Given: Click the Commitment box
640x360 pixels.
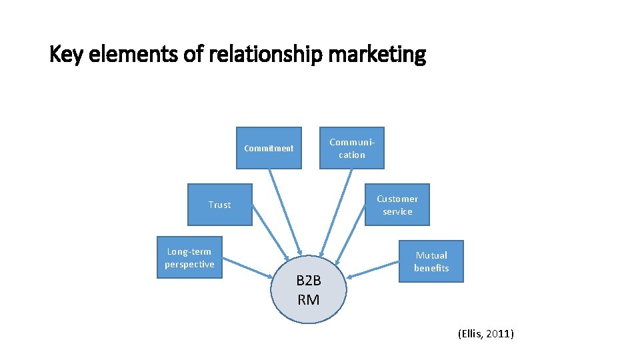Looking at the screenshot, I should pos(269,148).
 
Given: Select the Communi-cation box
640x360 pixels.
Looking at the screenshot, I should pos(351,148).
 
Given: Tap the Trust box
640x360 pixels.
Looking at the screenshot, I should pos(219,205).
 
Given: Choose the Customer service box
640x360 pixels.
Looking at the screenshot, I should pos(397,205).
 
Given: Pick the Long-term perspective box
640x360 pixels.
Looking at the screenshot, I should pos(189,257).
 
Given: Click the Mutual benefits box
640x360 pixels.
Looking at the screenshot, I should pos(431,261).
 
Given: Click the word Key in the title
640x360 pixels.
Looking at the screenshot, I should pos(63,55).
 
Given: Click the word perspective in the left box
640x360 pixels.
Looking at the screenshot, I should pos(189,264).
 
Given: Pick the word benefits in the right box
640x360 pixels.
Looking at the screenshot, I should pos(431,268).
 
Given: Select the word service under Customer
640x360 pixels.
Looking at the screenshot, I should pos(397,211).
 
